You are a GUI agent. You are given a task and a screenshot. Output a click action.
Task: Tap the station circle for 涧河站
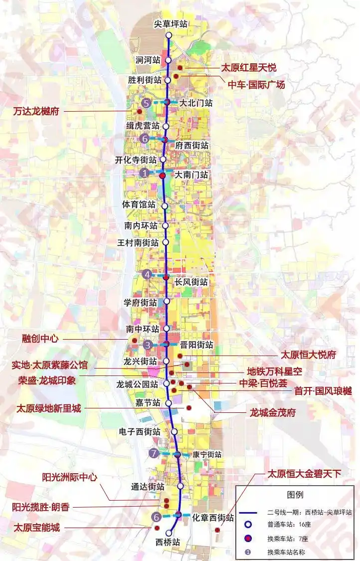pyautogui.click(x=169, y=60)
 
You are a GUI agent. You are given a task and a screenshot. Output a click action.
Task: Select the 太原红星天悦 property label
pyautogui.click(x=248, y=67)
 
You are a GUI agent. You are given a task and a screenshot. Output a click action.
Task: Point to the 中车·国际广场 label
pyautogui.click(x=256, y=85)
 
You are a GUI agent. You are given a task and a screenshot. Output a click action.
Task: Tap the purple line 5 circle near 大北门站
pyautogui.click(x=146, y=103)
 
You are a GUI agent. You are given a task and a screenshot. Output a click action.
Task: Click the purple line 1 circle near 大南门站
pyautogui.click(x=145, y=173)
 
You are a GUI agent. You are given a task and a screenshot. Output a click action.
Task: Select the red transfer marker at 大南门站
pyautogui.click(x=162, y=176)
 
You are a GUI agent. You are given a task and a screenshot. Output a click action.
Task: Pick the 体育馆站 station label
pyautogui.click(x=139, y=204)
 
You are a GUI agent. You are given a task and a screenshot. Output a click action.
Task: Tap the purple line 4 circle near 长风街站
pyautogui.click(x=147, y=274)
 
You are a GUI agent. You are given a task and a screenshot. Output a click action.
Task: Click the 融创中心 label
pyautogui.click(x=40, y=338)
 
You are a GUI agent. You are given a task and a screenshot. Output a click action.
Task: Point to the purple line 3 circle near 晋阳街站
pyautogui.click(x=147, y=345)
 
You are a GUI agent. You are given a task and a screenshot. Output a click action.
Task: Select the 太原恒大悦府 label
pyautogui.click(x=308, y=355)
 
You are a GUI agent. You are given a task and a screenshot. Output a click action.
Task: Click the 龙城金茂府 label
pyautogui.click(x=273, y=412)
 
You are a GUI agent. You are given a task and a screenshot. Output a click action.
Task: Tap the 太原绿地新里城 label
pyautogui.click(x=48, y=408)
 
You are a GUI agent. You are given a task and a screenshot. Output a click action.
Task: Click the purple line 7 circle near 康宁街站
pyautogui.click(x=154, y=453)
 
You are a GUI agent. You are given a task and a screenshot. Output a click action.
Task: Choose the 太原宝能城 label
pyautogui.click(x=36, y=527)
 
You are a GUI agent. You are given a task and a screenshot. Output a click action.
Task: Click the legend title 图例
pyautogui.click(x=295, y=495)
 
